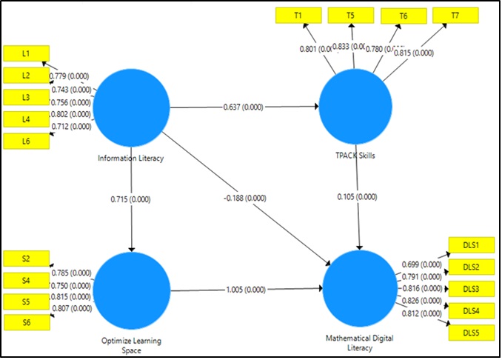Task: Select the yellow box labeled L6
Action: coord(26,141)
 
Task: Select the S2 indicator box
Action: coord(26,259)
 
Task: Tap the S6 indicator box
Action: coord(26,322)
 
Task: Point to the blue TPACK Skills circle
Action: coord(355,107)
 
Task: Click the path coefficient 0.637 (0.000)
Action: coord(244,107)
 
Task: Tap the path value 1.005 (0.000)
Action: coord(244,289)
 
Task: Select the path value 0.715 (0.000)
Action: coord(132,199)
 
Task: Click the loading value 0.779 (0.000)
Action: coord(70,76)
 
